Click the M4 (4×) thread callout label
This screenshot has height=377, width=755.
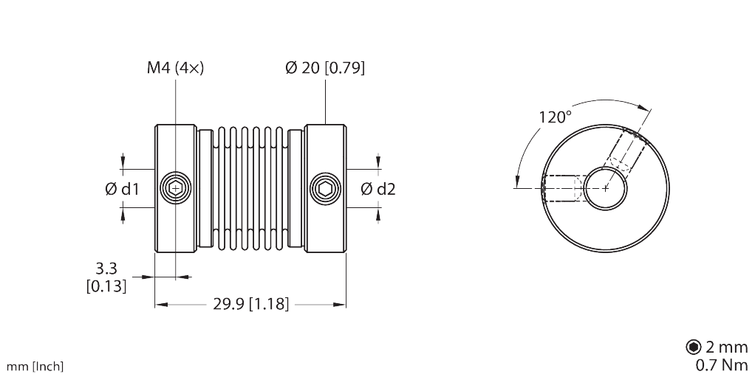pyautogui.click(x=175, y=69)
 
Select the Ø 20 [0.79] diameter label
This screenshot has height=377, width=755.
pyautogui.click(x=325, y=69)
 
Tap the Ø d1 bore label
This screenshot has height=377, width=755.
pyautogui.click(x=122, y=189)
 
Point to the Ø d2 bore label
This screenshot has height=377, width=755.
pyautogui.click(x=378, y=189)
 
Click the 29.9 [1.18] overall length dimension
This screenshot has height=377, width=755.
pyautogui.click(x=250, y=304)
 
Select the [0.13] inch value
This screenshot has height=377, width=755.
pyautogui.click(x=106, y=286)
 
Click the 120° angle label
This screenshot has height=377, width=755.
pyautogui.click(x=555, y=117)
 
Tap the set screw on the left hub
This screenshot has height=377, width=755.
pyautogui.click(x=176, y=188)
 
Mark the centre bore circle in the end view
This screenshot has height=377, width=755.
pyautogui.click(x=606, y=188)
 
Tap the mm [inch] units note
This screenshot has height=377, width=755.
pyautogui.click(x=35, y=367)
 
